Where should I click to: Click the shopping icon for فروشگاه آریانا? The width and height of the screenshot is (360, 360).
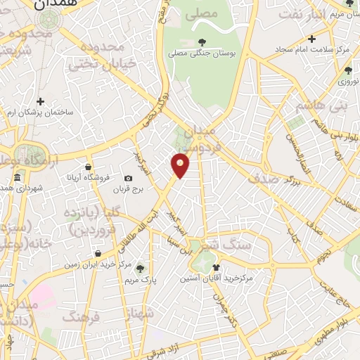point(87,167)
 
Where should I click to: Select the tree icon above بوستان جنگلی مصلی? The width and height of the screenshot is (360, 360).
point(202,42)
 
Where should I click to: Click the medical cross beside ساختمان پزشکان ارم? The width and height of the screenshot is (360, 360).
point(41,102)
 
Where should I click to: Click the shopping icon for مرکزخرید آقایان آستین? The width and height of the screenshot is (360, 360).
point(217,266)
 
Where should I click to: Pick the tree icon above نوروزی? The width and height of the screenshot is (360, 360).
point(348,70)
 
